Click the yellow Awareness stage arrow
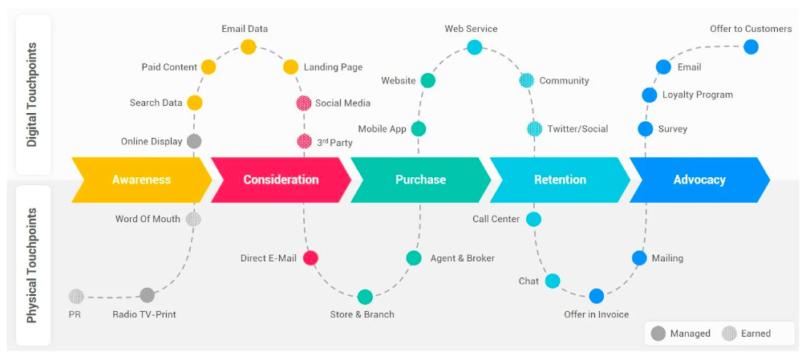141,180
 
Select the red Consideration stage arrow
281,180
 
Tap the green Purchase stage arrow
420,180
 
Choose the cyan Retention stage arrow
560,180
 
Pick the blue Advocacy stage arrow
699,180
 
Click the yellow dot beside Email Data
249,47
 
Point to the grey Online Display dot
194,141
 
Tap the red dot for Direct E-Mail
310,257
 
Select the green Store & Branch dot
365,297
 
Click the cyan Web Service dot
475,47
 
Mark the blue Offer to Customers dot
751,47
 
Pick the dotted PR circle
76,296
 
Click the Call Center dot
533,219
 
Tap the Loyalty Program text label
697,95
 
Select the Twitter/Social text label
577,128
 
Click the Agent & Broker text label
462,258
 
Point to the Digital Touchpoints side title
33,95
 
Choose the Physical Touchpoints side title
33,265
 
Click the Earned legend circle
729,333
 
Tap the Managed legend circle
658,333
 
